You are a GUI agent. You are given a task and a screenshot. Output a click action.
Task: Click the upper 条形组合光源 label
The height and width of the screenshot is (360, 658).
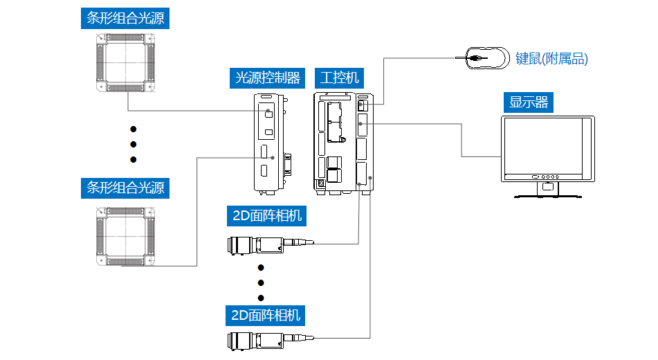(125, 18)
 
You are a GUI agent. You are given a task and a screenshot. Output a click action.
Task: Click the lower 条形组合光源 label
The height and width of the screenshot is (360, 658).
(125, 188)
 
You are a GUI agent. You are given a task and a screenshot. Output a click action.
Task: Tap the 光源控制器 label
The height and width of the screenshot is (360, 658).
(268, 78)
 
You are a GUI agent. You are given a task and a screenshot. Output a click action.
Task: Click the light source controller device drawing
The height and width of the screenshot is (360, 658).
(270, 142)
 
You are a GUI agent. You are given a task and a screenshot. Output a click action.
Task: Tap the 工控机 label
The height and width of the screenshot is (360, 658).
(339, 78)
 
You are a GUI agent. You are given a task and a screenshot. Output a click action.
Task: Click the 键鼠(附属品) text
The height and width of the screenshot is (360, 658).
(551, 59)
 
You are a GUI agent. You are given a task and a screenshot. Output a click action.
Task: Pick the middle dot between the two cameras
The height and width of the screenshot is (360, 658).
(261, 282)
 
